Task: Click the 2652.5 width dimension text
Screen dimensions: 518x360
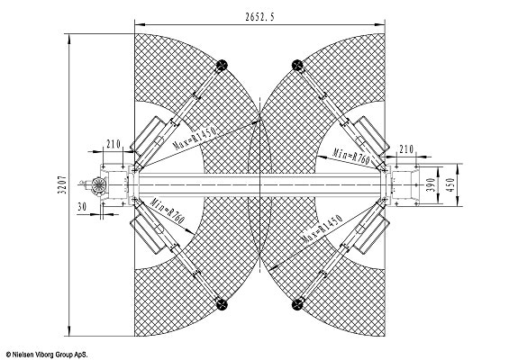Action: coord(259,17)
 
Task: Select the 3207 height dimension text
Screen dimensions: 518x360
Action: coord(62,184)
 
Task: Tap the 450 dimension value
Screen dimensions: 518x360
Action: coord(451,184)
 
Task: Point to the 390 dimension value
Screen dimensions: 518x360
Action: coord(431,184)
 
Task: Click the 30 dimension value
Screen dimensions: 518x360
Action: coord(82,207)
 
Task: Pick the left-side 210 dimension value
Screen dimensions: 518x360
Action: coord(114,144)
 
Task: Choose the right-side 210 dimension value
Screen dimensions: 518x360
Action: coord(406,149)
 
